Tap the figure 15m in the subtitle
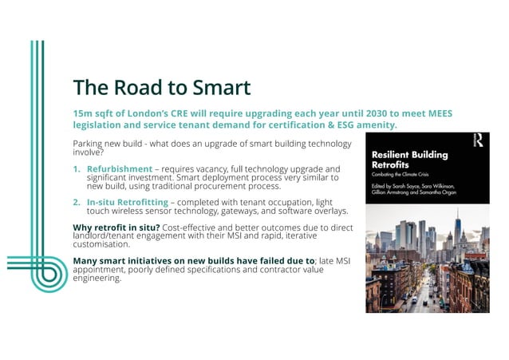[x=84, y=113]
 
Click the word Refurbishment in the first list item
[x=120, y=169]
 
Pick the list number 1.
[x=77, y=169]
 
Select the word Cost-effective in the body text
[x=189, y=227]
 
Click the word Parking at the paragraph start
[x=89, y=143]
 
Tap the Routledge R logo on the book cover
[x=477, y=140]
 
